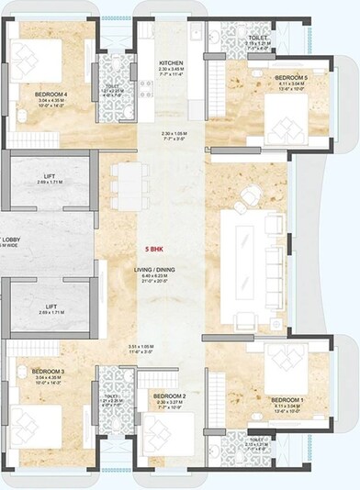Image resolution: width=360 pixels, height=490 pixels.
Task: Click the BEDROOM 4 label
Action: pyautogui.click(x=51, y=94)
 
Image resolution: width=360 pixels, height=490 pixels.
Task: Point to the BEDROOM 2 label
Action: pyautogui.click(x=171, y=395)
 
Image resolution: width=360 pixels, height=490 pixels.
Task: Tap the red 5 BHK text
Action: pyautogui.click(x=166, y=249)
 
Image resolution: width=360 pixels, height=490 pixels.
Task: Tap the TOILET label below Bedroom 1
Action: pyautogui.click(x=259, y=439)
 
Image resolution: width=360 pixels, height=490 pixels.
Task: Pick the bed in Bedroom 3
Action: pyautogui.click(x=37, y=424)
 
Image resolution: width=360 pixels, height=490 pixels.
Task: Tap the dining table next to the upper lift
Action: pyautogui.click(x=128, y=188)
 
